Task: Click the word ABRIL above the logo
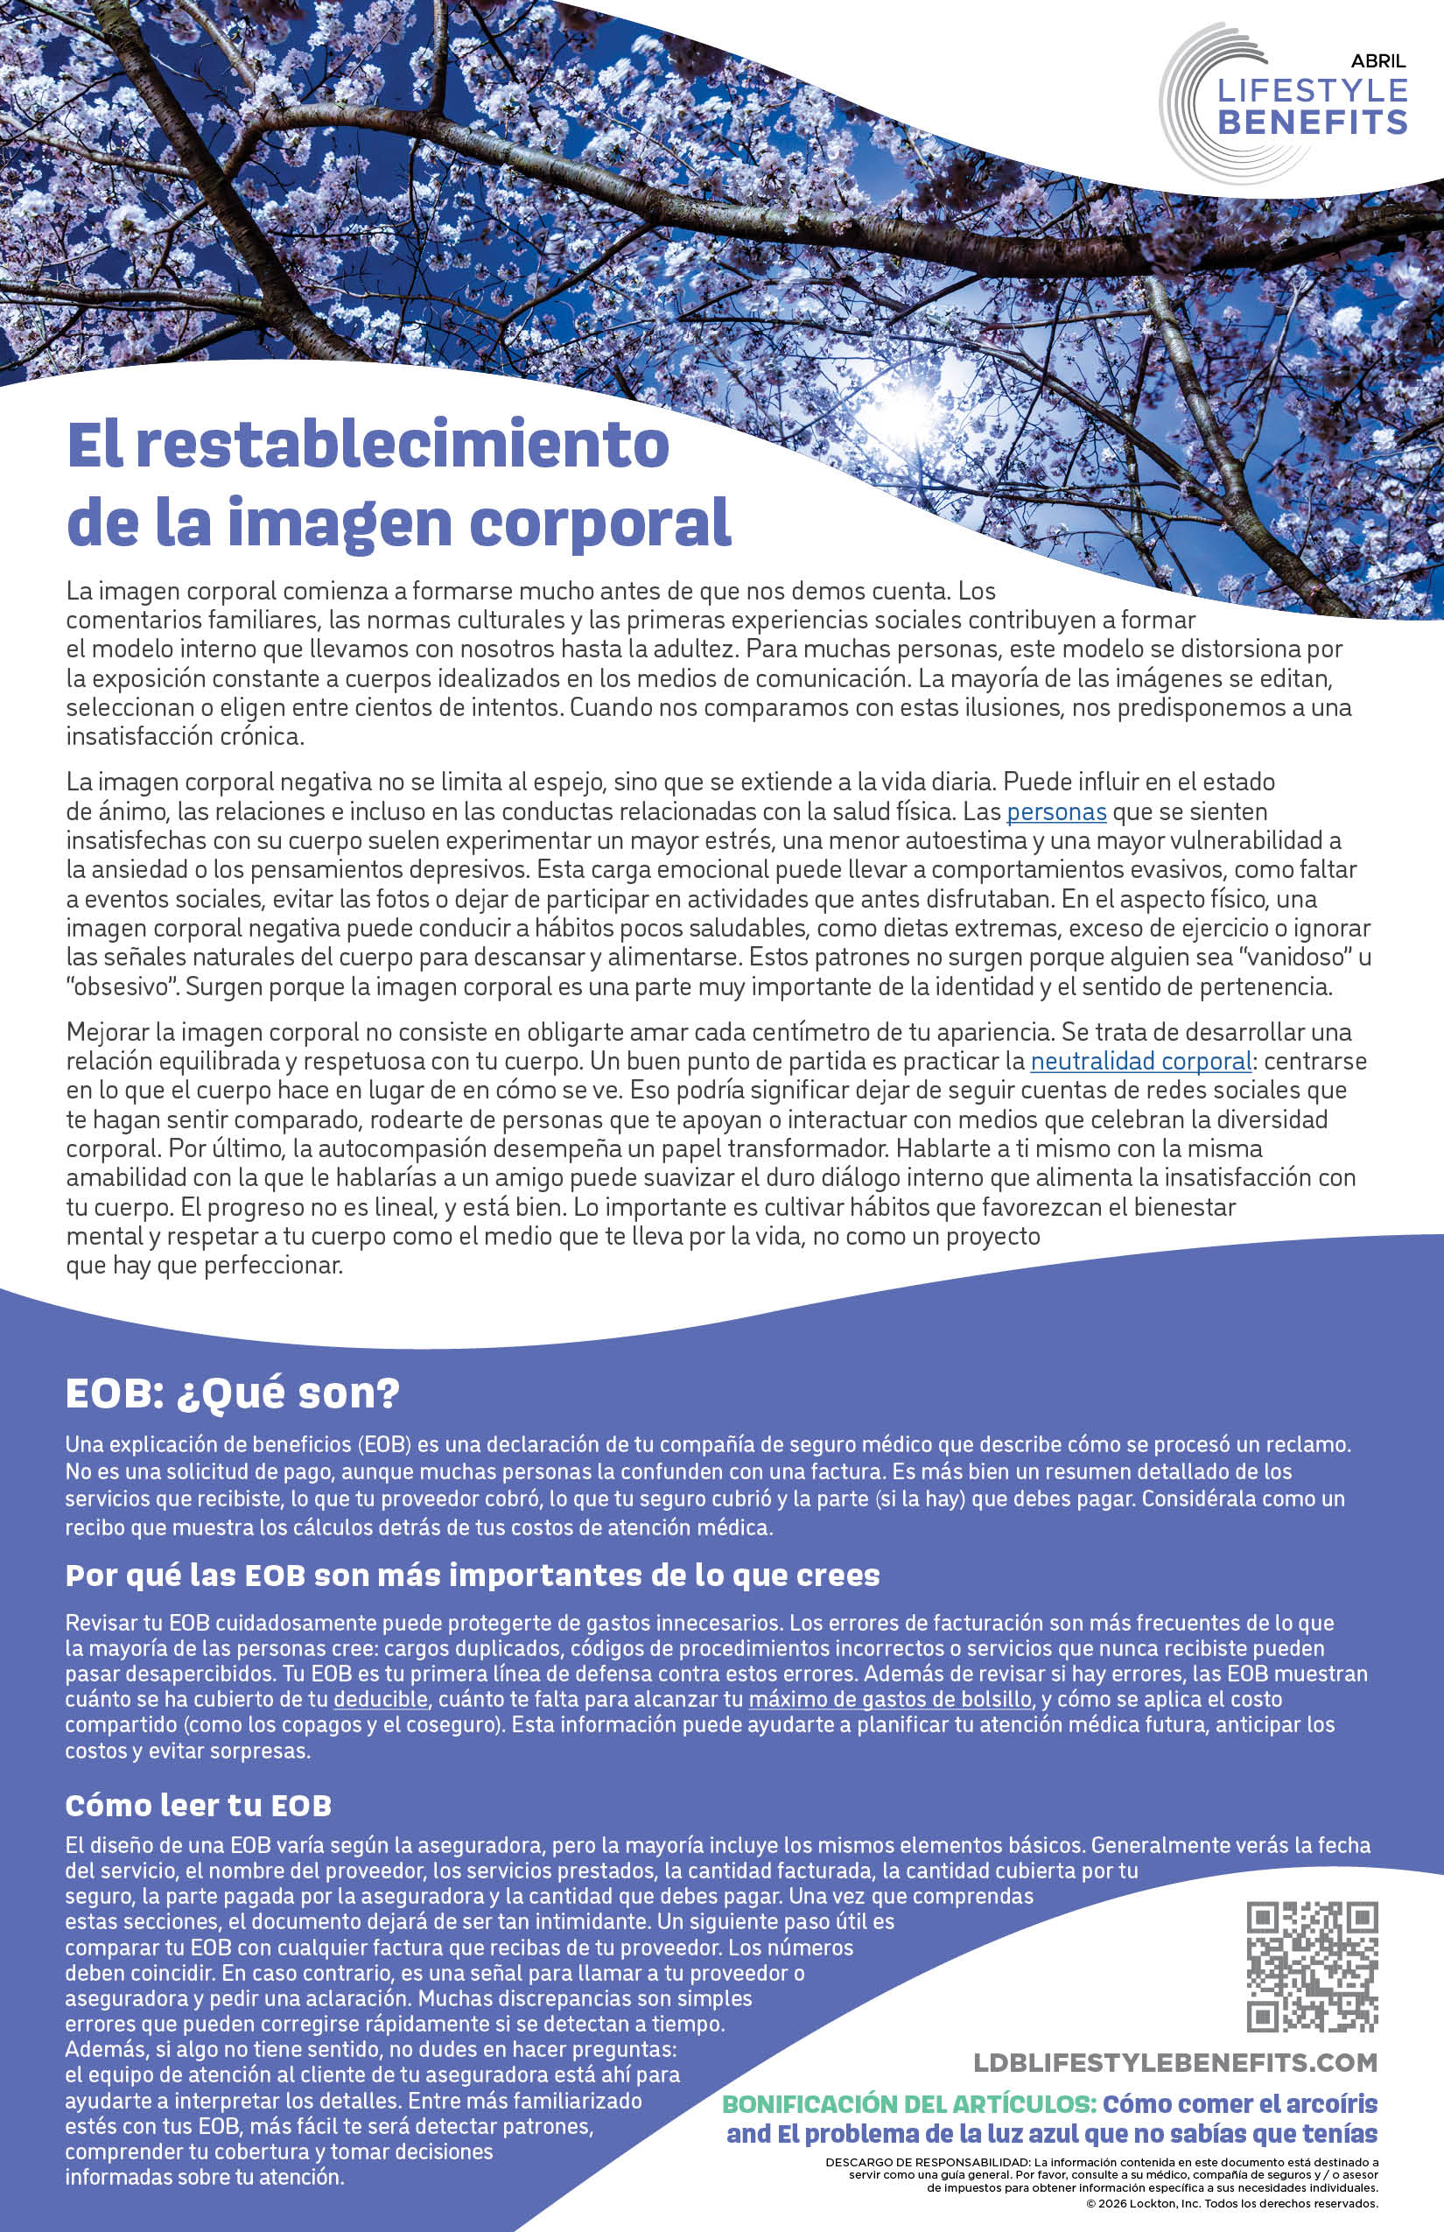tap(1377, 62)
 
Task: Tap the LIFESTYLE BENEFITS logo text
tap(1312, 106)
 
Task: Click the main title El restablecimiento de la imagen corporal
tap(398, 483)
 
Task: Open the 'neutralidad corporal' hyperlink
tap(1140, 1062)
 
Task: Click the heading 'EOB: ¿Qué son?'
tap(233, 1393)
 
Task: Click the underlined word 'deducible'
tap(381, 1698)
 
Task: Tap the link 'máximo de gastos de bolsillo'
tap(890, 1698)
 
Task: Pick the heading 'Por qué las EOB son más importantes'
tap(473, 1576)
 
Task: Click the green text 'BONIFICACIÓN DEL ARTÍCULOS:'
tap(908, 2103)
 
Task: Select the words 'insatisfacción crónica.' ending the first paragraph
tap(186, 736)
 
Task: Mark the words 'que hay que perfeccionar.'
tap(205, 1265)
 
